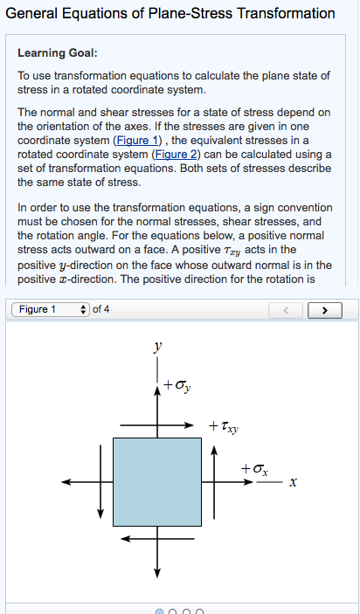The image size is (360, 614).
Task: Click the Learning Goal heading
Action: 58,53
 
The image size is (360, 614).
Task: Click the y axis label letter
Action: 157,348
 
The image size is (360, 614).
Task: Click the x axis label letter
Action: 294,482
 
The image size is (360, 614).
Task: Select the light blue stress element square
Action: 157,481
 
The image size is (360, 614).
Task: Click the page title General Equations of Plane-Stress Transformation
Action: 170,13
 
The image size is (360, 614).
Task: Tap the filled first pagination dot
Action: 159,611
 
